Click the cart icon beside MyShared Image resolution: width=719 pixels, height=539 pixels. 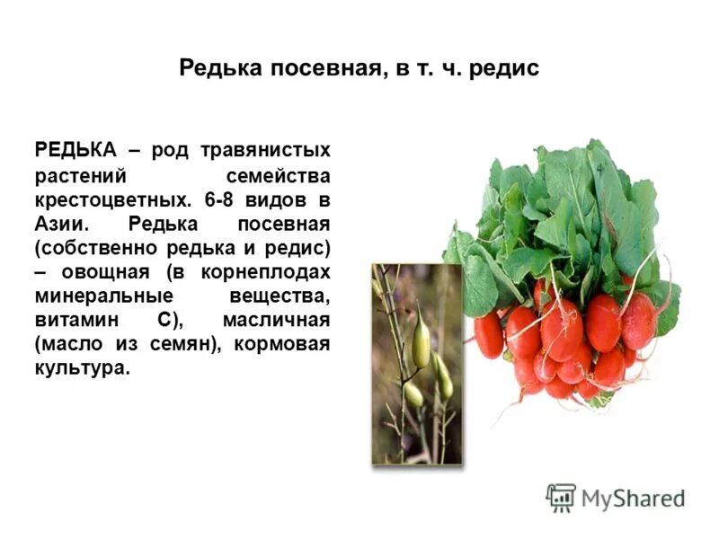click(560, 497)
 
